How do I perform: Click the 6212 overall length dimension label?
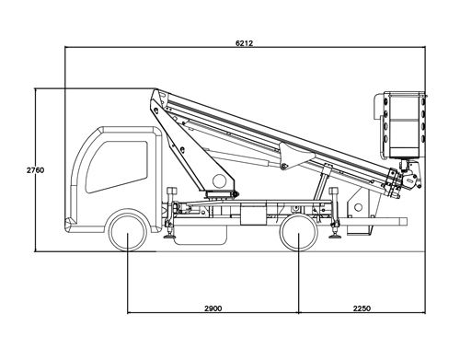[x=244, y=43]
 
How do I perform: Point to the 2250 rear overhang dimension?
[x=361, y=308]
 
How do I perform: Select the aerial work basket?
[x=403, y=125]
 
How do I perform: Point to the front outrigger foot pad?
[x=169, y=238]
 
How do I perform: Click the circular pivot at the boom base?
[x=219, y=180]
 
